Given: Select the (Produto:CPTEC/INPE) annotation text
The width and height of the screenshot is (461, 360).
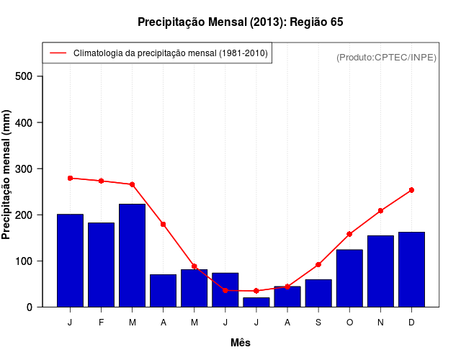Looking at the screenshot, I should pos(386,57).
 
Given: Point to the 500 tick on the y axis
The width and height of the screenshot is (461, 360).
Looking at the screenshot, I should pos(29,76).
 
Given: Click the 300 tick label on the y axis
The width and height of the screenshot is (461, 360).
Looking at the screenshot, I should pos(29,168).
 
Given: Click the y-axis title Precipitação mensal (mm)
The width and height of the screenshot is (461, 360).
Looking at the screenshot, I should pos(7,174).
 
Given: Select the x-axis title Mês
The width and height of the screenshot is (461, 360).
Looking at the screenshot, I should pos(241,343).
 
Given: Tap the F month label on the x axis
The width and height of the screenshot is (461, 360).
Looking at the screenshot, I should pos(102,323).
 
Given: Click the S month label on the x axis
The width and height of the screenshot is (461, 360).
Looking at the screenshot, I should pos(318,323).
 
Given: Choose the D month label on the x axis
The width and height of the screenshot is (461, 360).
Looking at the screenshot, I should pos(411,323).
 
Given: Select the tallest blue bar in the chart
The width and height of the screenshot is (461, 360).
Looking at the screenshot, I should pos(133,255).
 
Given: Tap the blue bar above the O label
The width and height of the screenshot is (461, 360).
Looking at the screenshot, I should pos(349,278).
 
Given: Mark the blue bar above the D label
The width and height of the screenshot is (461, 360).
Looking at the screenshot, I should pos(411,269).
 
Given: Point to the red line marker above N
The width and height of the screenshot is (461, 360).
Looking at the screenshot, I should pos(380,211).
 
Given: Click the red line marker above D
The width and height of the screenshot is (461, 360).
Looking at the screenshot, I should pos(411,190).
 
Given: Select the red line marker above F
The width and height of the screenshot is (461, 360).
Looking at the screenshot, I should pos(102,181).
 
